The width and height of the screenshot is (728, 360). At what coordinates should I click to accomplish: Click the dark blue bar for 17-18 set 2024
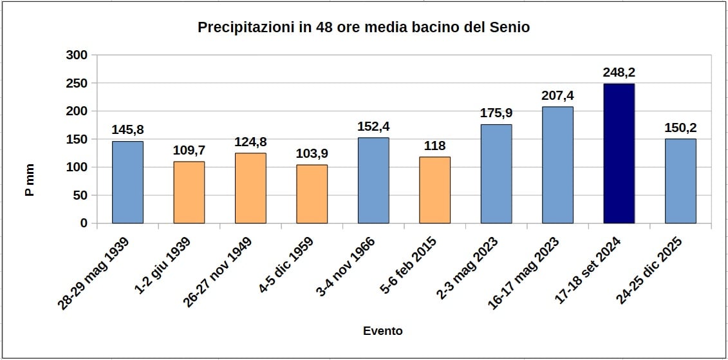coord(619,153)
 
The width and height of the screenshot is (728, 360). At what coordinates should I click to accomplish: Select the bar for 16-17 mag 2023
coord(557,165)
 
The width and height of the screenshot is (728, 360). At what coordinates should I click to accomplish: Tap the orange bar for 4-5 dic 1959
coord(312,194)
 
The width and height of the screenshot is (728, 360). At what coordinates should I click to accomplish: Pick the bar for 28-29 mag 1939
coord(127,182)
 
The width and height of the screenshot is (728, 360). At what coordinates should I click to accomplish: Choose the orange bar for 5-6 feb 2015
coord(434,190)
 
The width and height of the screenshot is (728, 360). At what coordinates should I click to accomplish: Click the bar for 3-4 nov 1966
coord(373,180)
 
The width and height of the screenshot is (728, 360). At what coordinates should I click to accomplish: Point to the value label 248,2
coord(619,72)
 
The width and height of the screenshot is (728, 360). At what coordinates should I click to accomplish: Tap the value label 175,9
coord(496,113)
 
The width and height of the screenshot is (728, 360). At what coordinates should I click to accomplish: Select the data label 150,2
coord(680,128)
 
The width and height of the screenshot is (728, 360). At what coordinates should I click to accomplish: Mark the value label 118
coord(434,146)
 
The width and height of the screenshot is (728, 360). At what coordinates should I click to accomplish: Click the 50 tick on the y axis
coord(80,195)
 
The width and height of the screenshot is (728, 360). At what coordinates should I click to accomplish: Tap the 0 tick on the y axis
coord(84,223)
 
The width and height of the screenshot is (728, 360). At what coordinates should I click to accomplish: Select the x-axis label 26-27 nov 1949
coord(217,272)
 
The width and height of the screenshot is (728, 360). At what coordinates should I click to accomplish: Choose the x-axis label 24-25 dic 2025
coord(648,272)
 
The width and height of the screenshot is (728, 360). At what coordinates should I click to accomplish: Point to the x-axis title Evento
coord(382,331)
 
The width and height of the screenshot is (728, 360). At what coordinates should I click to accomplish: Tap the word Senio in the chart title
coord(510,28)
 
